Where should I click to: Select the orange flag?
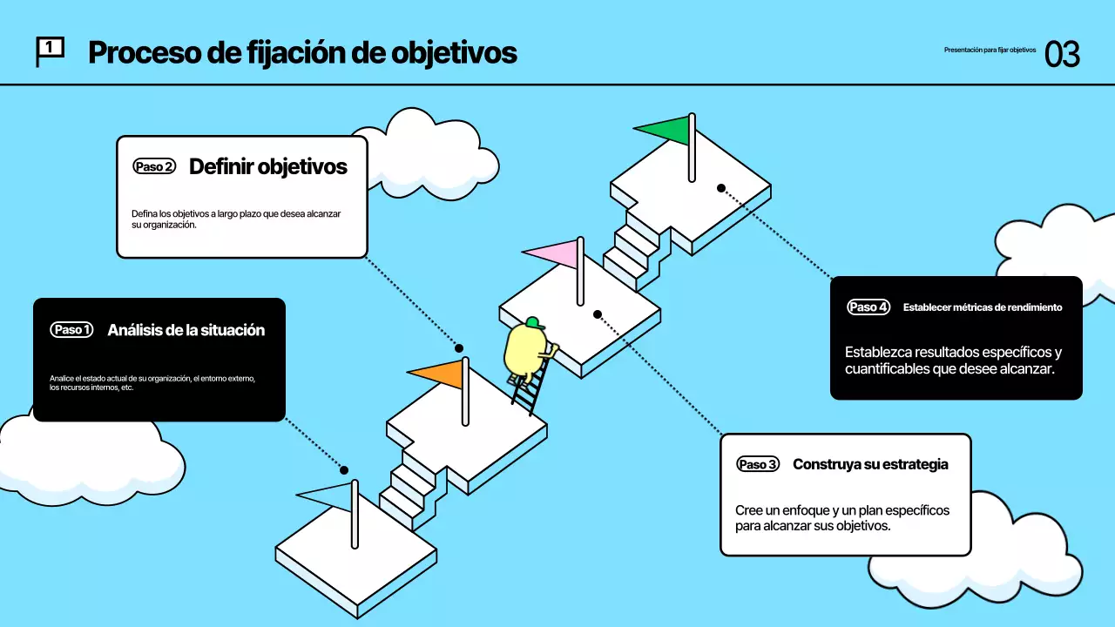438,374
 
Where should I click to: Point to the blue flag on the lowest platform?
327,496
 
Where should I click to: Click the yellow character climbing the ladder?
525,353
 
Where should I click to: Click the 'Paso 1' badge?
71,330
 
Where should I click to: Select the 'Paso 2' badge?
154,166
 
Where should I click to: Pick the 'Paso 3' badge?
757,464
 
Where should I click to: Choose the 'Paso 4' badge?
868,307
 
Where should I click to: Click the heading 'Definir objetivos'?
268,166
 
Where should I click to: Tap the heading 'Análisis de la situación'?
186,330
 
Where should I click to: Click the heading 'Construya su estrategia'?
870,464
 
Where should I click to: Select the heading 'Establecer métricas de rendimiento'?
983,307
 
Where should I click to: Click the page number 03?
1062,54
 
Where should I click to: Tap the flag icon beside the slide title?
49,51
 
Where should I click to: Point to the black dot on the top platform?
721,188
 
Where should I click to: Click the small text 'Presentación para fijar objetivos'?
990,51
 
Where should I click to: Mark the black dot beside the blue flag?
344,470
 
